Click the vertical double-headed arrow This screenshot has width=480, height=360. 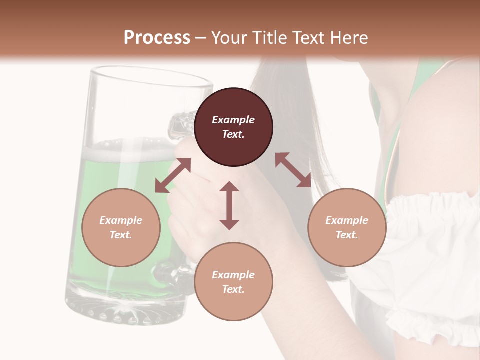click(x=229, y=205)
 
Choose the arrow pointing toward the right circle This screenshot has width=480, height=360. click(x=293, y=170)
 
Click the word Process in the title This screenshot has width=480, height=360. click(x=157, y=37)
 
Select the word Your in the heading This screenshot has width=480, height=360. click(x=230, y=37)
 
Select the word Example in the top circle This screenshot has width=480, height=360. click(x=233, y=120)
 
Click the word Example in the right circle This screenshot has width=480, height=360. click(x=347, y=220)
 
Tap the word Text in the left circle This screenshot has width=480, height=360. click(x=121, y=235)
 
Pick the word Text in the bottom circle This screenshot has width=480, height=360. click(x=233, y=289)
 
